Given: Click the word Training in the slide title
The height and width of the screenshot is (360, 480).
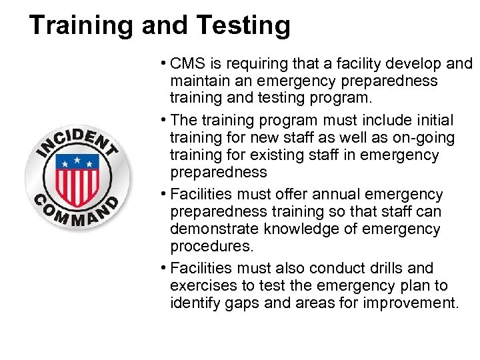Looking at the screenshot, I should tap(75, 26).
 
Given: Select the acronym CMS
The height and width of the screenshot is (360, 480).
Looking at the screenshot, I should tap(188, 64).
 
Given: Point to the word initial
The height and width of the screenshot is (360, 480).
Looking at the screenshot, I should tap(431, 121).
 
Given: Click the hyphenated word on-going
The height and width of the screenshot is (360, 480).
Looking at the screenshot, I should tap(423, 138).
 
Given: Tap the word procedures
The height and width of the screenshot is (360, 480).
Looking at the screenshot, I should tap(211, 247).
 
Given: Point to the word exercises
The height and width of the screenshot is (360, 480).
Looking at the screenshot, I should tap(201, 286).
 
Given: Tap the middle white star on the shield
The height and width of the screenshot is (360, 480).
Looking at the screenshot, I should tap(77, 160).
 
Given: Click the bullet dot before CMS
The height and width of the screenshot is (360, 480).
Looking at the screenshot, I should tap(163, 64).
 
